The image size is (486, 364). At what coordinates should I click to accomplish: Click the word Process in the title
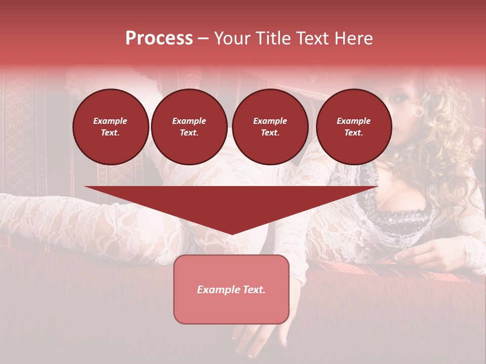(159, 38)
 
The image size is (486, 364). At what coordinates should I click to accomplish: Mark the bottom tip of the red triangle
(231, 234)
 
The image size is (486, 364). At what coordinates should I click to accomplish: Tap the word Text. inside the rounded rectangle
(253, 290)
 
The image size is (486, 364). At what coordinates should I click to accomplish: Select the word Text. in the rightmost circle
(354, 132)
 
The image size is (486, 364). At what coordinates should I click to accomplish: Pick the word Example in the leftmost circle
(110, 121)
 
